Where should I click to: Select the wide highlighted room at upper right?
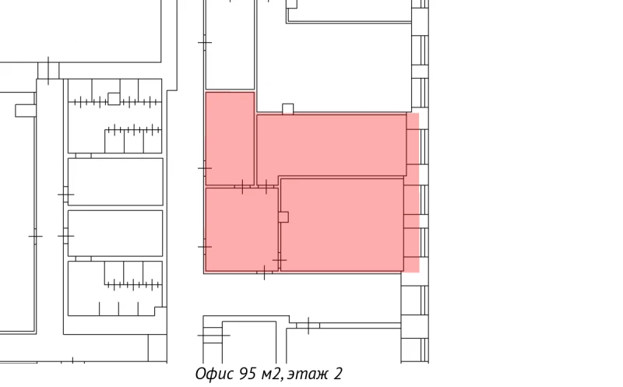pyautogui.click(x=331, y=145)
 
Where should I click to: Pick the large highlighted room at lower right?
pyautogui.click(x=343, y=226)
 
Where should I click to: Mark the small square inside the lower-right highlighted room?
pyautogui.click(x=283, y=216)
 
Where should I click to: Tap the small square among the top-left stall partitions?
pyautogui.click(x=114, y=99)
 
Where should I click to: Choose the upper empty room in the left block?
pyautogui.click(x=115, y=181)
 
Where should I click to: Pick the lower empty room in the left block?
pyautogui.click(x=115, y=233)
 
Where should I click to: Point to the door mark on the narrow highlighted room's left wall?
pyautogui.click(x=205, y=167)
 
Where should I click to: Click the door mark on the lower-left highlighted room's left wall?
pyautogui.click(x=205, y=246)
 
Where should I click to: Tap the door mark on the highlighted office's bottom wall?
pyautogui.click(x=265, y=272)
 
